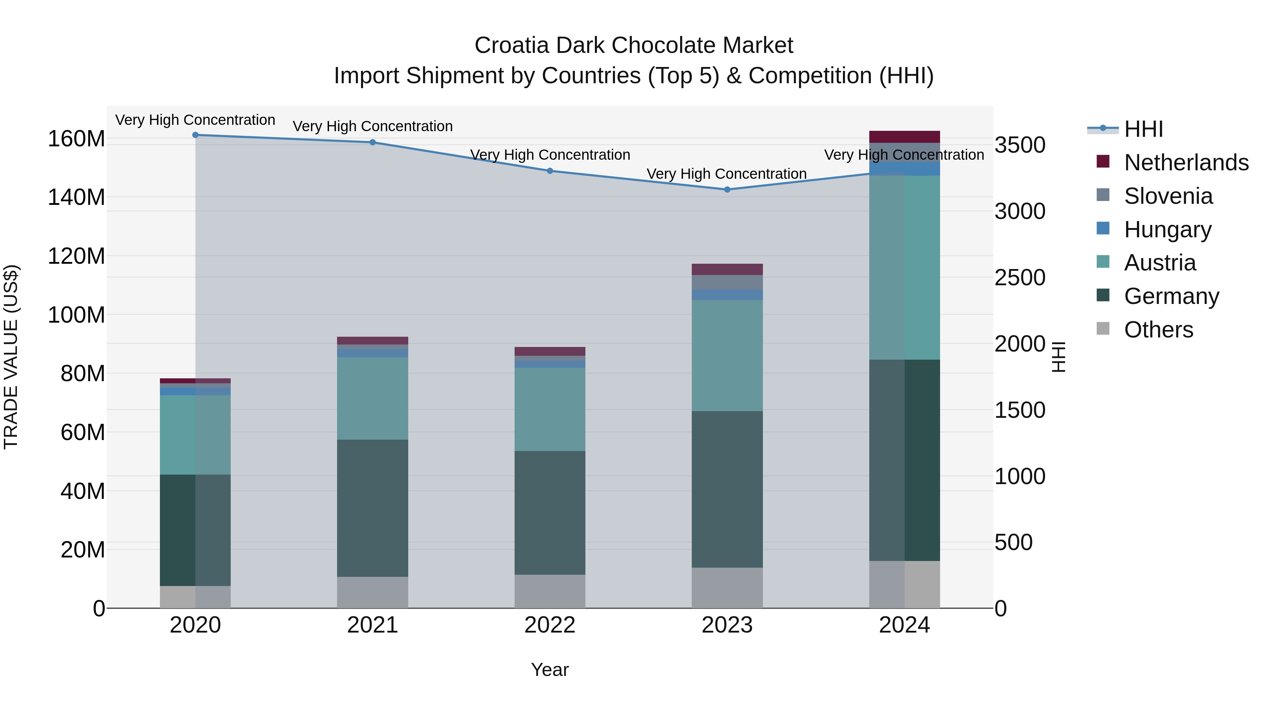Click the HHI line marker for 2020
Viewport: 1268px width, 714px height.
[195, 135]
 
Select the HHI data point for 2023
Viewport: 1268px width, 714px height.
[727, 189]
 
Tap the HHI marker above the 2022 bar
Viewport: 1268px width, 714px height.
[550, 171]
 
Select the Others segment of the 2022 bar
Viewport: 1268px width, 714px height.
[550, 591]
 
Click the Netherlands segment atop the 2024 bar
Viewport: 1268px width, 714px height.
[904, 136]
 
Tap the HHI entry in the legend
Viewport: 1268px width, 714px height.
[1143, 129]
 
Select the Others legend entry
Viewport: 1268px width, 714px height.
[1158, 330]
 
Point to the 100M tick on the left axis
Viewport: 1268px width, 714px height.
[76, 315]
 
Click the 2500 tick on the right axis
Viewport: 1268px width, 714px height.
[1019, 277]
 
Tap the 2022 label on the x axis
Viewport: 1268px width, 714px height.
[550, 625]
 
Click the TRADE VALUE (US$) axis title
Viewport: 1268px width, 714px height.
[11, 357]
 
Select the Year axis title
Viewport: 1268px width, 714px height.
[550, 670]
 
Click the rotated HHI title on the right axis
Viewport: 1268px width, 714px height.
[1058, 357]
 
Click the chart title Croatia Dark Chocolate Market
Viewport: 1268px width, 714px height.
[634, 45]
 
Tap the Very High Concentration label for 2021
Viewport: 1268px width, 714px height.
[373, 126]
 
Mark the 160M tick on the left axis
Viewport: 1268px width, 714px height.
[76, 139]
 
